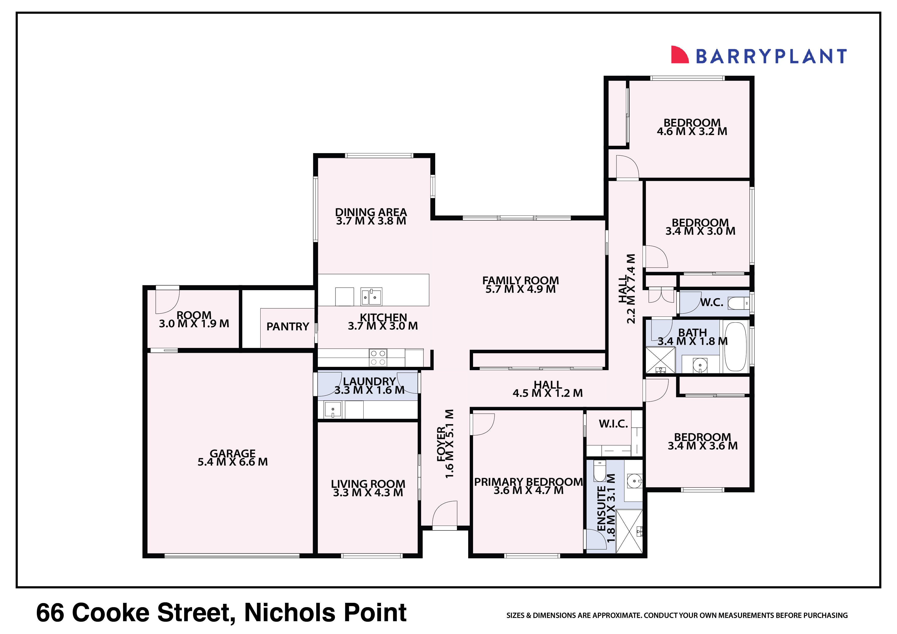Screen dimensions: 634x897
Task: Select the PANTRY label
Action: click(x=288, y=326)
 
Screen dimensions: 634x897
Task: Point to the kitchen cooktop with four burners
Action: click(x=378, y=357)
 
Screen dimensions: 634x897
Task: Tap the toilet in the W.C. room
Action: click(x=738, y=303)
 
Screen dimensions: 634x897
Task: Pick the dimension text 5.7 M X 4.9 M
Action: click(x=520, y=289)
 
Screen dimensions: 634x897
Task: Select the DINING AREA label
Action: click(x=371, y=212)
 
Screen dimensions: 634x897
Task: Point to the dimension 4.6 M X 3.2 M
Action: click(x=692, y=132)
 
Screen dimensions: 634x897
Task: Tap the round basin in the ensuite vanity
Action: click(x=634, y=481)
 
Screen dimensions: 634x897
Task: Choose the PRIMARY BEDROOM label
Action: click(x=528, y=482)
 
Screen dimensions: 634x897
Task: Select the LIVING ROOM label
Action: click(x=368, y=484)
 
